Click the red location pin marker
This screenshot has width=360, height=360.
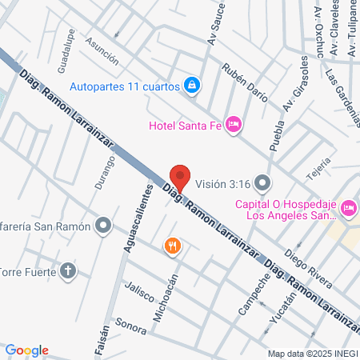181,178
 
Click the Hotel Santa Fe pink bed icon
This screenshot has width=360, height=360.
234,124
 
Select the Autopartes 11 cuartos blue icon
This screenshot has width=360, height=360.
192,85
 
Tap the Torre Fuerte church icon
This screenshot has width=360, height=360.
69,270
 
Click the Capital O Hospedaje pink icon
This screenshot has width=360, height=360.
349,208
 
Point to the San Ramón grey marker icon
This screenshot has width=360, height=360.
102,226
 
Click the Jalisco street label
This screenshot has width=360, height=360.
138,292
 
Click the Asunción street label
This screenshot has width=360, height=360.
102,54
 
